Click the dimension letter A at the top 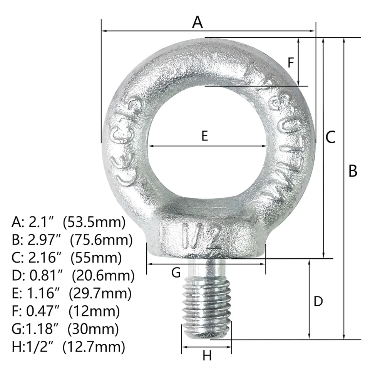click(198, 22)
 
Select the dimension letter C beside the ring click(330, 137)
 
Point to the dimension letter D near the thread click(318, 301)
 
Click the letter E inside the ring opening click(204, 136)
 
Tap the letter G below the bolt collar click(176, 273)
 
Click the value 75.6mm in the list click(101, 241)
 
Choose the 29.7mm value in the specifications click(100, 293)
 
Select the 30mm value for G click(92, 329)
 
